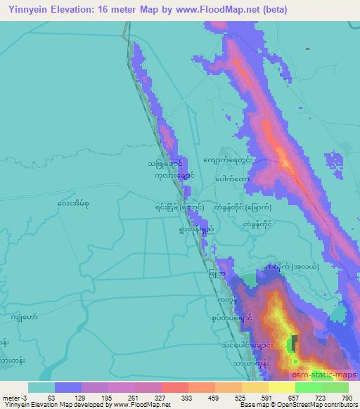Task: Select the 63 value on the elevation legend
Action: click(51, 398)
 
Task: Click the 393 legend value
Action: click(186, 398)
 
